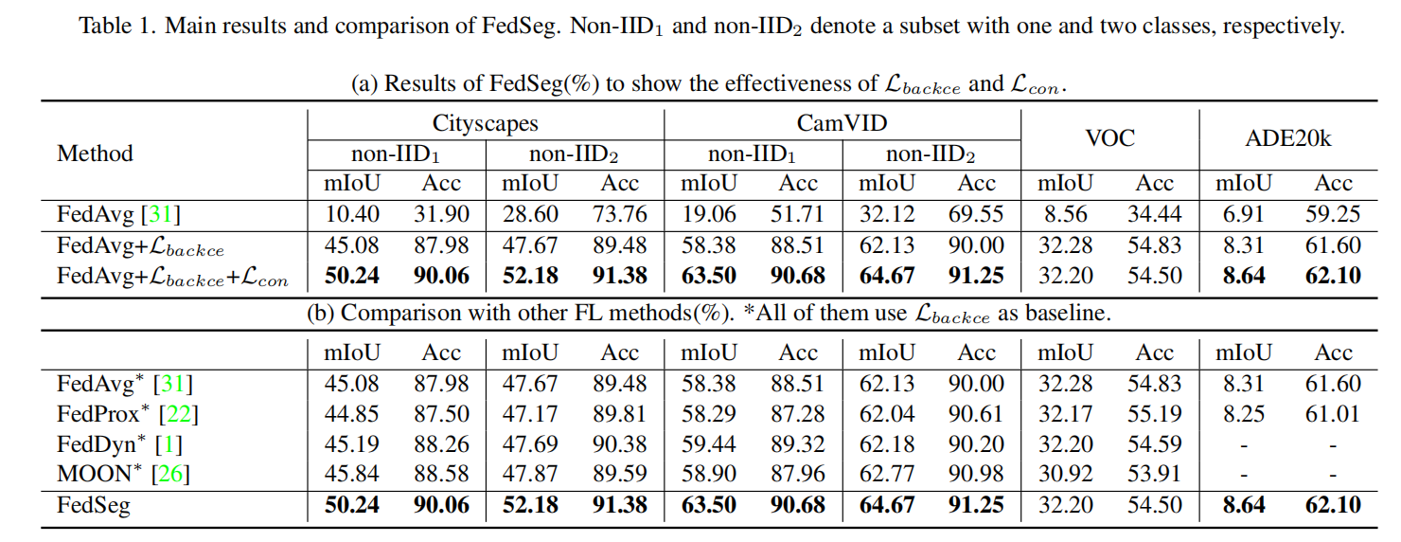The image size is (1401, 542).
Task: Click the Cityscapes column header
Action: tap(485, 123)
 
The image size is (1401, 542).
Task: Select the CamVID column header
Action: tap(842, 123)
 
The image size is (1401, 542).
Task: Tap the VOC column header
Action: tap(1109, 137)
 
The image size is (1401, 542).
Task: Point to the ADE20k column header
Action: tap(1288, 137)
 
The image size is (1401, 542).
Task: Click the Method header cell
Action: tap(95, 153)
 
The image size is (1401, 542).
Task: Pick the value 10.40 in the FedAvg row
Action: tap(352, 215)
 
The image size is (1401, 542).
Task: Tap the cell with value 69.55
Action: tap(976, 215)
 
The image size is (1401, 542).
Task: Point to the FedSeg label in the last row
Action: tap(93, 505)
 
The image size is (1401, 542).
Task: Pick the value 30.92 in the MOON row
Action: tap(1065, 474)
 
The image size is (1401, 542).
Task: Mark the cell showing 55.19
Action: tap(1154, 414)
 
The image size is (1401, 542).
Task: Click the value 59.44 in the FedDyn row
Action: tap(709, 443)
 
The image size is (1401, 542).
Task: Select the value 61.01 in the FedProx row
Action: tap(1333, 414)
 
